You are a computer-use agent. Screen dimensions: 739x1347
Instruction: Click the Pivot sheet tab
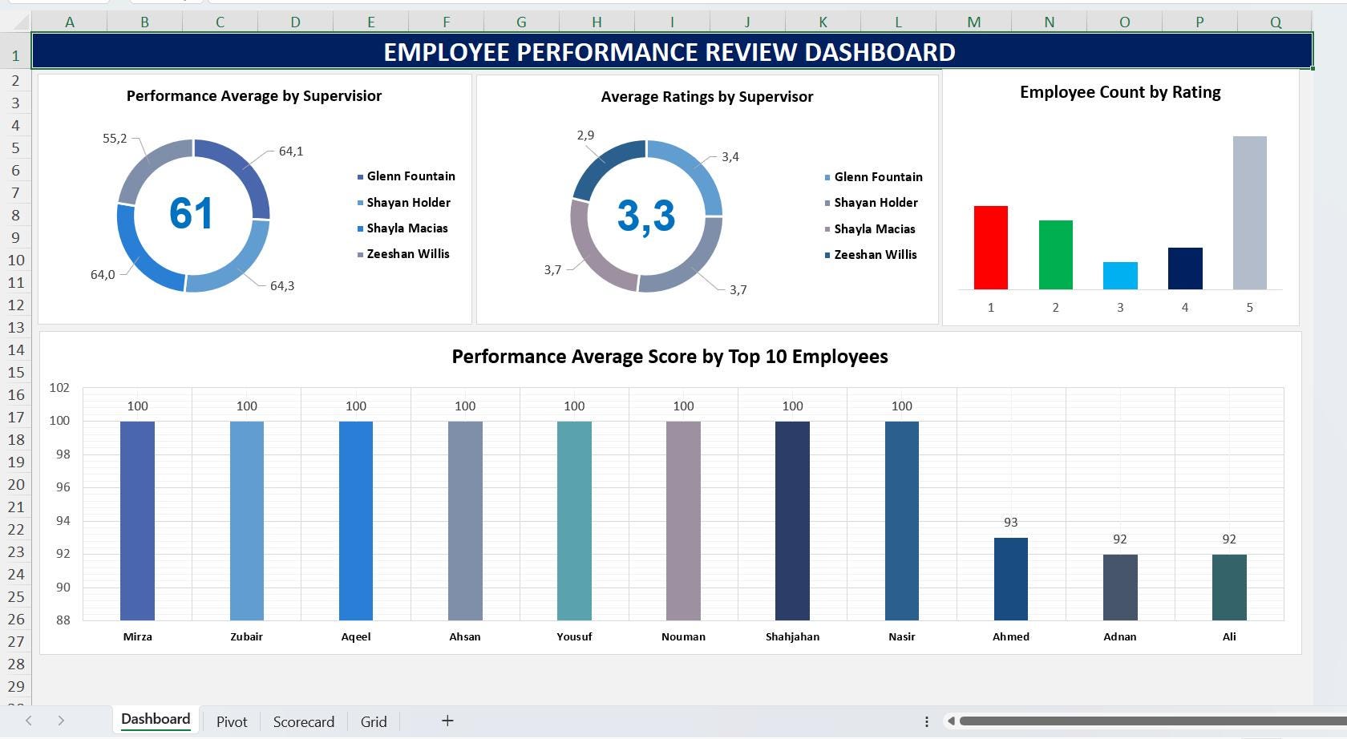pyautogui.click(x=232, y=721)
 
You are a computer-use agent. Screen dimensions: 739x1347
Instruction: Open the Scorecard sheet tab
pyautogui.click(x=303, y=721)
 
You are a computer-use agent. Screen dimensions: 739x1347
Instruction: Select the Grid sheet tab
pyautogui.click(x=374, y=721)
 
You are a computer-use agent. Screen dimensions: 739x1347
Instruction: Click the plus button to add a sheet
pyautogui.click(x=447, y=721)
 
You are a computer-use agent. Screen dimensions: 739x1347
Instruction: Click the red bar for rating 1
pyautogui.click(x=990, y=248)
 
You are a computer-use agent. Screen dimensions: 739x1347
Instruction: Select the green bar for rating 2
pyautogui.click(x=1055, y=255)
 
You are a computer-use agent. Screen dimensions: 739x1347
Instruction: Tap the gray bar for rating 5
pyautogui.click(x=1249, y=212)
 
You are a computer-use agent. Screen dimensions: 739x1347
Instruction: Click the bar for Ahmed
pyautogui.click(x=1010, y=579)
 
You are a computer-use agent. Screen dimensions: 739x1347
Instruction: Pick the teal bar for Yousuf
pyautogui.click(x=574, y=520)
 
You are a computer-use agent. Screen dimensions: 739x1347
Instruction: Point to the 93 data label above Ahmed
pyautogui.click(x=1010, y=522)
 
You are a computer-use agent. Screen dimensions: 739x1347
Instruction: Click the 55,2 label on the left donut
pyautogui.click(x=115, y=139)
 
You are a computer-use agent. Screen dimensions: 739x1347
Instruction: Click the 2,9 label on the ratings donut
pyautogui.click(x=585, y=135)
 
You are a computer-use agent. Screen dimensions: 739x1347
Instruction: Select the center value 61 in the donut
pyautogui.click(x=191, y=214)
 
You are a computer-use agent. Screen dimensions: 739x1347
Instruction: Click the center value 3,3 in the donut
pyautogui.click(x=646, y=216)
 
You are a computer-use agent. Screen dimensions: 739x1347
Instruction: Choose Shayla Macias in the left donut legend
pyautogui.click(x=407, y=228)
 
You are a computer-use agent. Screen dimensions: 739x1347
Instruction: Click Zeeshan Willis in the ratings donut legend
pyautogui.click(x=875, y=255)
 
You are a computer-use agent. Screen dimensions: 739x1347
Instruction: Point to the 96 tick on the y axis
pyautogui.click(x=59, y=487)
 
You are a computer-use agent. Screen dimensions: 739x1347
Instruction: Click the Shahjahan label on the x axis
pyautogui.click(x=792, y=636)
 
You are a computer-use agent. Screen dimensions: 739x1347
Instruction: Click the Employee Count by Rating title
pyautogui.click(x=1119, y=92)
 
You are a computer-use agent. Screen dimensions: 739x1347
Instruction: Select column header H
pyautogui.click(x=597, y=22)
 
